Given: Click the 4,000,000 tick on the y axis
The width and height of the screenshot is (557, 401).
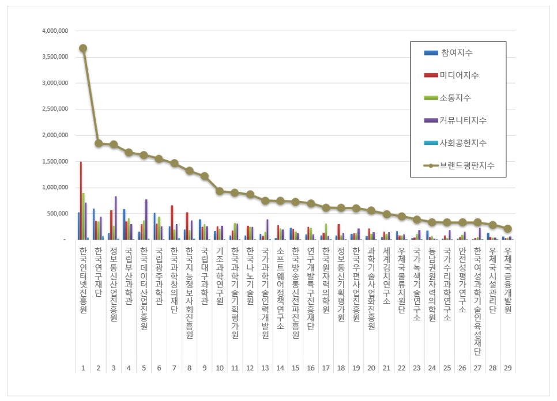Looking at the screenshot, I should tap(55, 31).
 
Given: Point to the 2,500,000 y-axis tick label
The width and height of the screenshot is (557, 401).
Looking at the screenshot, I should tap(55, 109).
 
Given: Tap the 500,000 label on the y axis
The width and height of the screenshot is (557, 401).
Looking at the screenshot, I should tap(59, 214).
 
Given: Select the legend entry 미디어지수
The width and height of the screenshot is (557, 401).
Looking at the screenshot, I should tap(459, 75).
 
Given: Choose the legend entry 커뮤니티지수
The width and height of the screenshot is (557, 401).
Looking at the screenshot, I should tap(464, 120).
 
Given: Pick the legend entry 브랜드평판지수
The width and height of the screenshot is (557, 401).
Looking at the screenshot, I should tap(468, 165).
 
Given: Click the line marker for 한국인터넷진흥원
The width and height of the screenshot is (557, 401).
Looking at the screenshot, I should tap(83, 48).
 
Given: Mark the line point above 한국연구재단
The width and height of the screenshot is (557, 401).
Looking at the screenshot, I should tap(99, 143).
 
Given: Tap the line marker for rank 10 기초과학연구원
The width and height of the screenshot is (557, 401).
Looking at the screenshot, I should tap(220, 191).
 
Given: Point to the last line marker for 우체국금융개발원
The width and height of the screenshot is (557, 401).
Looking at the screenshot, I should tap(507, 229).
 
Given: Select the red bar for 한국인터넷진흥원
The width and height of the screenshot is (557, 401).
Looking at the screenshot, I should tap(81, 200).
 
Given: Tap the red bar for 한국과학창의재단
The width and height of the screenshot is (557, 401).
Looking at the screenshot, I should tap(172, 222).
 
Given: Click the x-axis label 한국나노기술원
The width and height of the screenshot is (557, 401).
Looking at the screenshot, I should tap(250, 276).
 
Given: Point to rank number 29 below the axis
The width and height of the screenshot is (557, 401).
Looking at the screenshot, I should tap(507, 367).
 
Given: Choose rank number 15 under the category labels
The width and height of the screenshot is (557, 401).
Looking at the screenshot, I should tap(295, 367).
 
